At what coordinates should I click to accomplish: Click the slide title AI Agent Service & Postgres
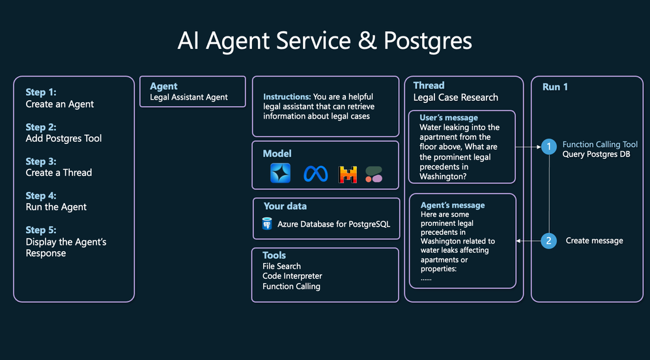[324, 41]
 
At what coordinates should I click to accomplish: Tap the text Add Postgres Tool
[64, 138]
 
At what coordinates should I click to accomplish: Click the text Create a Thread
[59, 173]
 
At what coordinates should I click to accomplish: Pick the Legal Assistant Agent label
[189, 97]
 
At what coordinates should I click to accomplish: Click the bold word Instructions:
[287, 96]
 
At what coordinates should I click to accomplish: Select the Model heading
[277, 154]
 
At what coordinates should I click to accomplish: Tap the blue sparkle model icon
[281, 173]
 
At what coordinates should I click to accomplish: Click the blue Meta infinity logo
[315, 174]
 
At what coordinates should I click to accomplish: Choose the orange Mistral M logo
[348, 174]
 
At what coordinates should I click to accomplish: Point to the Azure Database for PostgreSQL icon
[267, 224]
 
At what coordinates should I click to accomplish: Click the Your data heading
[285, 206]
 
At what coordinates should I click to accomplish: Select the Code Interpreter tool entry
[292, 276]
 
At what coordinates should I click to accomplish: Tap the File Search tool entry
[281, 266]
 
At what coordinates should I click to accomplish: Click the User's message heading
[448, 118]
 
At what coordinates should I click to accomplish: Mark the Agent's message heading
[453, 205]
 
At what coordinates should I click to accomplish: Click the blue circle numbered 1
[549, 147]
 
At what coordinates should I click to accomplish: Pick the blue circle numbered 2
[549, 241]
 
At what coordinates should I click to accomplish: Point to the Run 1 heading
[556, 87]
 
